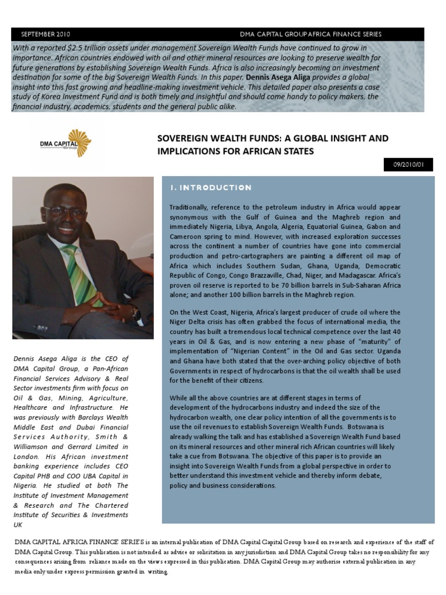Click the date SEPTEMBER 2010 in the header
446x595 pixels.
click(45, 34)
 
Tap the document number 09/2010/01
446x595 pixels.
click(409, 164)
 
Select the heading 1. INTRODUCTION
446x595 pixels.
click(211, 188)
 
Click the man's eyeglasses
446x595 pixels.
click(64, 211)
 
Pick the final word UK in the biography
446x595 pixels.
click(17, 525)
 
